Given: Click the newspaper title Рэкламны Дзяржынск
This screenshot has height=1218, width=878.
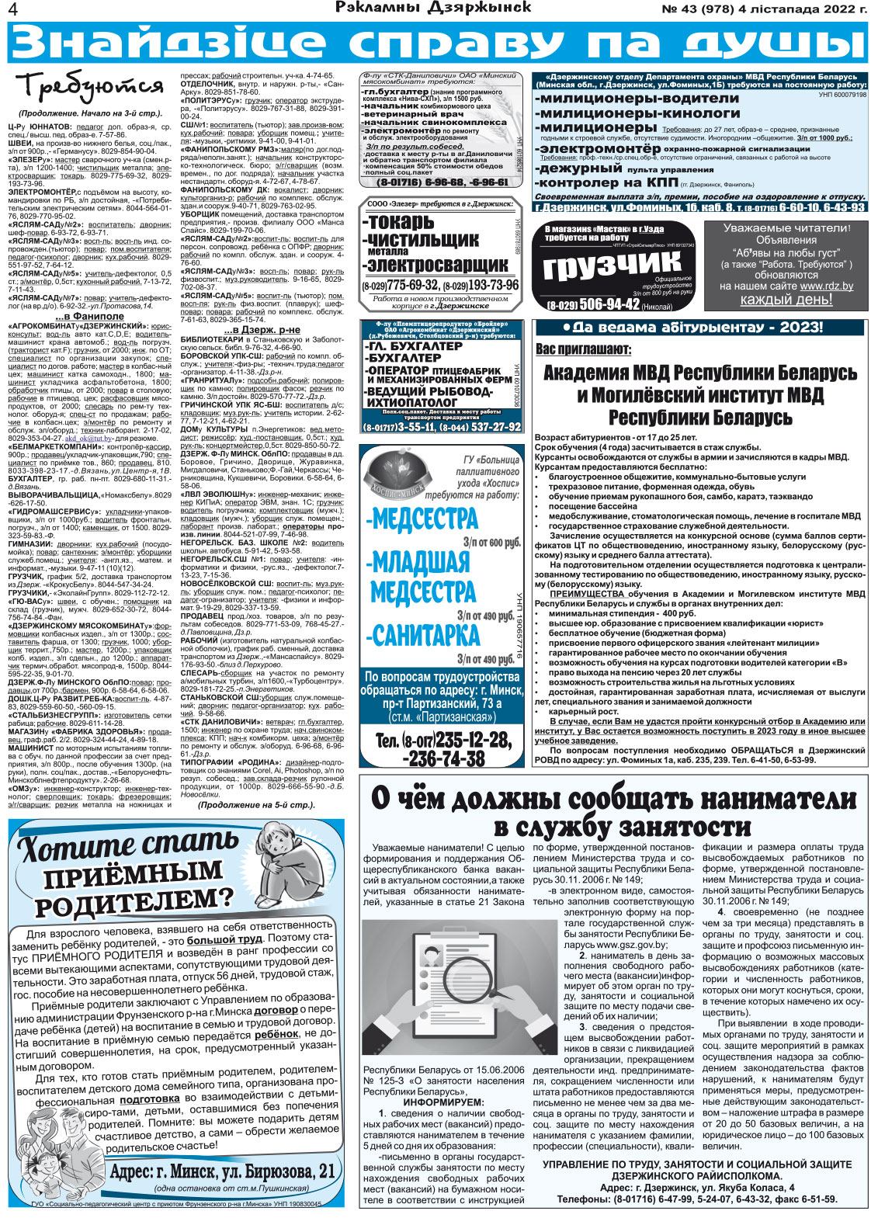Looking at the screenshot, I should [x=433, y=8].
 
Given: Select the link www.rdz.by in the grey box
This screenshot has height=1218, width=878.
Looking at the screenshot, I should [x=826, y=286].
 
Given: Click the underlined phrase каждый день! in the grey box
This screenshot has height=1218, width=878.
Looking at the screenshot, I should [x=786, y=300].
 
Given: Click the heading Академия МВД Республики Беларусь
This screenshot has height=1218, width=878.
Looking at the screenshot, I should [x=699, y=373].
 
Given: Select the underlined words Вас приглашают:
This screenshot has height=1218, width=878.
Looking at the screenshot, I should [x=583, y=349].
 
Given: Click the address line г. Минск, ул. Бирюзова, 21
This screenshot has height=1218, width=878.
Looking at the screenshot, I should [x=222, y=1171].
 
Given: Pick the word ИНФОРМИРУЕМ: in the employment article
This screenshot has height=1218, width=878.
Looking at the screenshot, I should [x=443, y=1102].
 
